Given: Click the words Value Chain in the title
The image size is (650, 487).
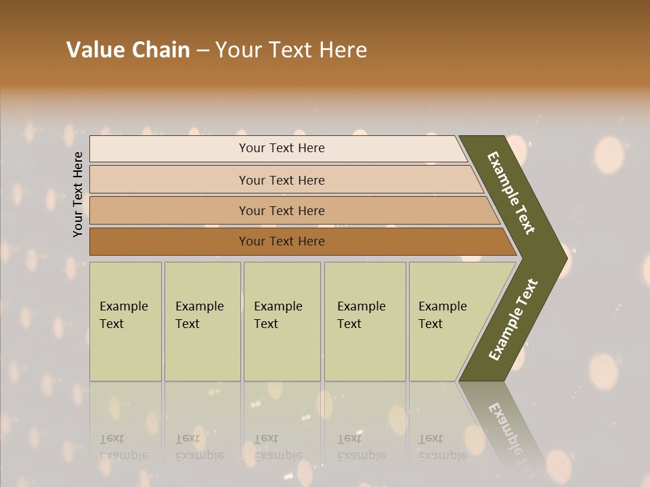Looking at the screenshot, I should pos(128,50).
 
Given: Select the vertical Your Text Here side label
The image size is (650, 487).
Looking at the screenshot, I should pos(78,194).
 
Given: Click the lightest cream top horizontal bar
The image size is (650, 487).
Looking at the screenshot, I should pos(169,149).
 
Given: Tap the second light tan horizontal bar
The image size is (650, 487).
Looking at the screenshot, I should pos(169,180).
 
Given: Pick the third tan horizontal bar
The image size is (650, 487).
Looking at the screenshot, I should pos(169,211).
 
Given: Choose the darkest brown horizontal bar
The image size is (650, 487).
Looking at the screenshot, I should pos(169,241).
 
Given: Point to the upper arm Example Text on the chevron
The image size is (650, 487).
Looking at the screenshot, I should pos(511,193).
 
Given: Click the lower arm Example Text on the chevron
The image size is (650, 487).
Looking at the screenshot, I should pos(513,319).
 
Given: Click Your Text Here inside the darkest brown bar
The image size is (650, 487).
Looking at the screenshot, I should pos(282,241).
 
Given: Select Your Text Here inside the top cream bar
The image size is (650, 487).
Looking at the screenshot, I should pos(282,148).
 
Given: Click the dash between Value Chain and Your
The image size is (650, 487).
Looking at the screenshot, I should pos(202,51).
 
